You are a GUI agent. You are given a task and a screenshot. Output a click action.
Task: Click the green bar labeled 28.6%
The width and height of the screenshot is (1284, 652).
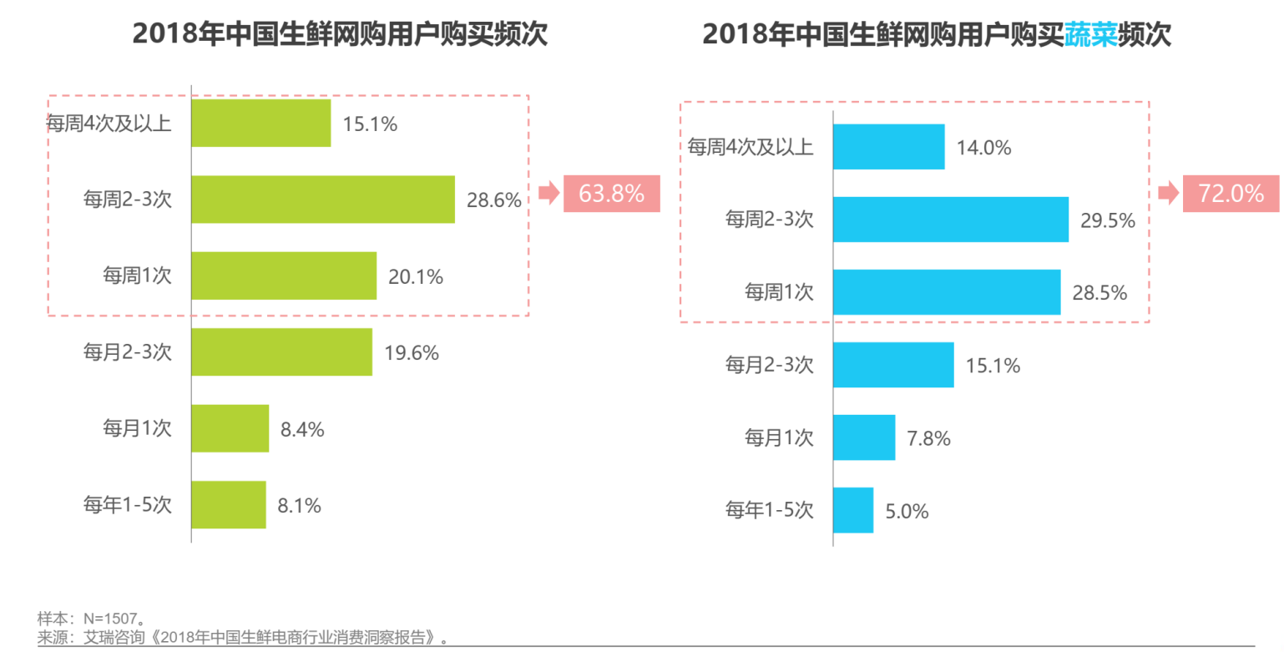(x=323, y=200)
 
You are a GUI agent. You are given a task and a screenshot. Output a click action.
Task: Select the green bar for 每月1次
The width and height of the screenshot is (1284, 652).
(x=230, y=428)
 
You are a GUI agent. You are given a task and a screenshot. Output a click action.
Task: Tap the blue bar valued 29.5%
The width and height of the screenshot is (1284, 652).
(x=951, y=220)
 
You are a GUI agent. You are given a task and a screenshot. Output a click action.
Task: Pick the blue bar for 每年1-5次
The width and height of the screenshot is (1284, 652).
(x=853, y=510)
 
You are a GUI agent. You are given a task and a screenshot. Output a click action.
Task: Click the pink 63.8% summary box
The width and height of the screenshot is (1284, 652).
(x=612, y=194)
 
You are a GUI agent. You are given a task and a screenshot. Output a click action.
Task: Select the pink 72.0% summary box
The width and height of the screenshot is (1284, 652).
(x=1231, y=194)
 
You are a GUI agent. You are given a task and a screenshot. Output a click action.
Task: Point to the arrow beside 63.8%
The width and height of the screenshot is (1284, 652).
(x=548, y=194)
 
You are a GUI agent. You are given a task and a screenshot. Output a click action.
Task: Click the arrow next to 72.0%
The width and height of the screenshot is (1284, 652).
(x=1168, y=194)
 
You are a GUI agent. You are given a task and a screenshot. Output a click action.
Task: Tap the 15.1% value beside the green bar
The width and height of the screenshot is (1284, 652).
(x=370, y=124)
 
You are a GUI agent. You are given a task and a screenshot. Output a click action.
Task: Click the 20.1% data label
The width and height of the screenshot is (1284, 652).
(x=415, y=276)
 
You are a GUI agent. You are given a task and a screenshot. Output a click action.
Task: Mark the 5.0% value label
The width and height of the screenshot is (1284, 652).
(x=907, y=511)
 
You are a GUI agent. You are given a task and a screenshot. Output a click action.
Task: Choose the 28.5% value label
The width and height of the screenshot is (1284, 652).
(x=1099, y=293)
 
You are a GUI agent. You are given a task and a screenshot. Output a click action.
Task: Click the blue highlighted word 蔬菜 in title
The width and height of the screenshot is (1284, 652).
(x=1090, y=35)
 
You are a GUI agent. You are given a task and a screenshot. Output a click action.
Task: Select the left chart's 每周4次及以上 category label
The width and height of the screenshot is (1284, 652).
(x=109, y=124)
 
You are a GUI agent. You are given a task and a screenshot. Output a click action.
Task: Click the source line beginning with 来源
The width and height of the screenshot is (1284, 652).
(x=242, y=638)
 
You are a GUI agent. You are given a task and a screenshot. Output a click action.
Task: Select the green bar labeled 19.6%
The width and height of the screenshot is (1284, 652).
(x=282, y=351)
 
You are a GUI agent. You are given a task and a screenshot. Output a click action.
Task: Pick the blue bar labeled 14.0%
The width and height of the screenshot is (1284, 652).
(x=889, y=147)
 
